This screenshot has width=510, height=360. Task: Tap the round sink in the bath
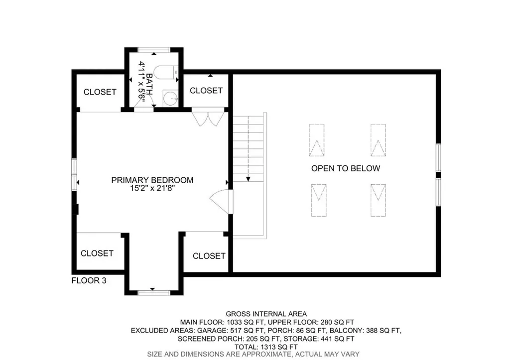[171, 98]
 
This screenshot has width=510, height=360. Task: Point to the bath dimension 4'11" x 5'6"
[142, 82]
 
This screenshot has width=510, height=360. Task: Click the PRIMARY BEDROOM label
[152, 180]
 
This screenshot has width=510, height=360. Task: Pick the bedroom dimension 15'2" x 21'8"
[152, 189]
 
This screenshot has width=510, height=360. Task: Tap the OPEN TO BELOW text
[345, 168]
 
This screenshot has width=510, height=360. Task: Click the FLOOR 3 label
[89, 280]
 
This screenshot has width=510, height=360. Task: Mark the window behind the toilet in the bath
[153, 49]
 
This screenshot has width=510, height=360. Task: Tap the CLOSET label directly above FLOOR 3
[97, 253]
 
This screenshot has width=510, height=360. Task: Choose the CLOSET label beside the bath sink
[206, 90]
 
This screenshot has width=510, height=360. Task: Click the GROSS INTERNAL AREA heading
[266, 314]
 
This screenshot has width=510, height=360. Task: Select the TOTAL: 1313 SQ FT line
[266, 347]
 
